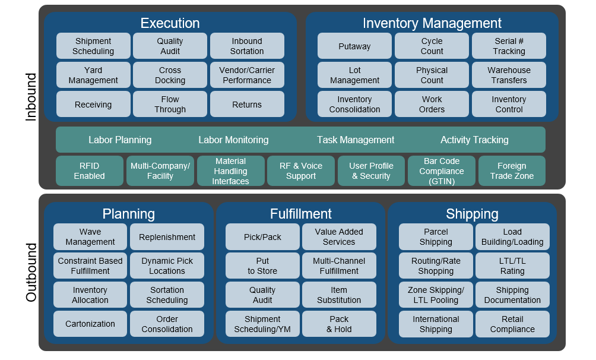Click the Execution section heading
(170, 23)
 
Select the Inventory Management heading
(432, 23)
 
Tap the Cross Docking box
(170, 75)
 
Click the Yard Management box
(93, 75)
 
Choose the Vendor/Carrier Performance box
(247, 75)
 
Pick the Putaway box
(354, 46)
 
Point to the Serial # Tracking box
(509, 46)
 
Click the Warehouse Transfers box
(509, 75)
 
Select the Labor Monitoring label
(233, 140)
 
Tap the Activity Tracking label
(474, 140)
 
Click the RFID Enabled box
(89, 171)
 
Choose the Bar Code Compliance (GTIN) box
(442, 171)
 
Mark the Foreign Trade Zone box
(512, 171)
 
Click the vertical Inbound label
(31, 97)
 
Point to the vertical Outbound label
(31, 272)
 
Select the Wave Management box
(90, 236)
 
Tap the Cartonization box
(90, 324)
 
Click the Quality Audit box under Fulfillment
(262, 295)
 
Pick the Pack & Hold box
(339, 324)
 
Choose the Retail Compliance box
(512, 324)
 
